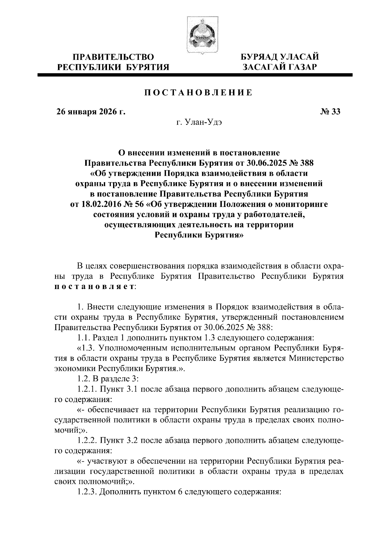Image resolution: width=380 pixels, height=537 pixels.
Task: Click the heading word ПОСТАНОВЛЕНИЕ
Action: click(199, 93)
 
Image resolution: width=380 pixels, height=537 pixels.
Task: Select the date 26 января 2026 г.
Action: click(90, 112)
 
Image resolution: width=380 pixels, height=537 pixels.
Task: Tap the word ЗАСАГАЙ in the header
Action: click(265, 67)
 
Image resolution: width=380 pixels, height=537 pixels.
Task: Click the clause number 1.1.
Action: click(84, 338)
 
